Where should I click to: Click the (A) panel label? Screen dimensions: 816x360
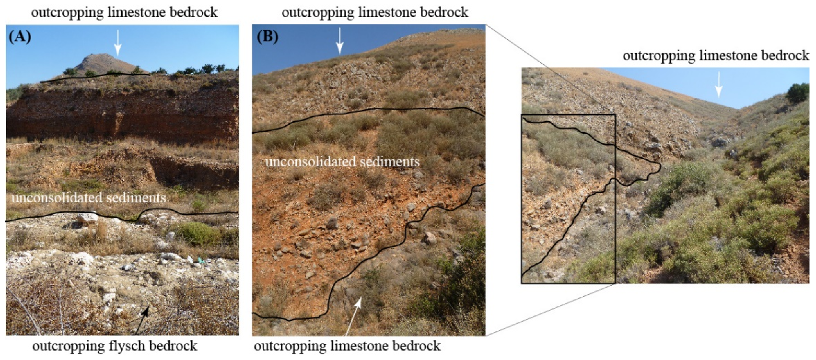click(20, 37)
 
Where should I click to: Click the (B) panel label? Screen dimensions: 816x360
click(267, 37)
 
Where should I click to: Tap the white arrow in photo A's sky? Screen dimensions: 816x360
click(118, 42)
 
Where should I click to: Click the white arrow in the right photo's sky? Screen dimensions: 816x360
click(719, 84)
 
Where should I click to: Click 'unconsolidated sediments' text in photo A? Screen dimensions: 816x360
click(89, 198)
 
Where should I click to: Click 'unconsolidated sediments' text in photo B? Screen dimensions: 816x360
click(342, 162)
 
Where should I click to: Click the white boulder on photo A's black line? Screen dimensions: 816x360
click(87, 217)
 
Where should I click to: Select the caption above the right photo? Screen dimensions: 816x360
click(715, 56)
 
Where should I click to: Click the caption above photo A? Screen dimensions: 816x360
click(124, 13)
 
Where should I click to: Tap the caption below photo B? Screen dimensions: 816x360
click(347, 346)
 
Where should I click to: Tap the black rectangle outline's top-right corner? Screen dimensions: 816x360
click(615, 115)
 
